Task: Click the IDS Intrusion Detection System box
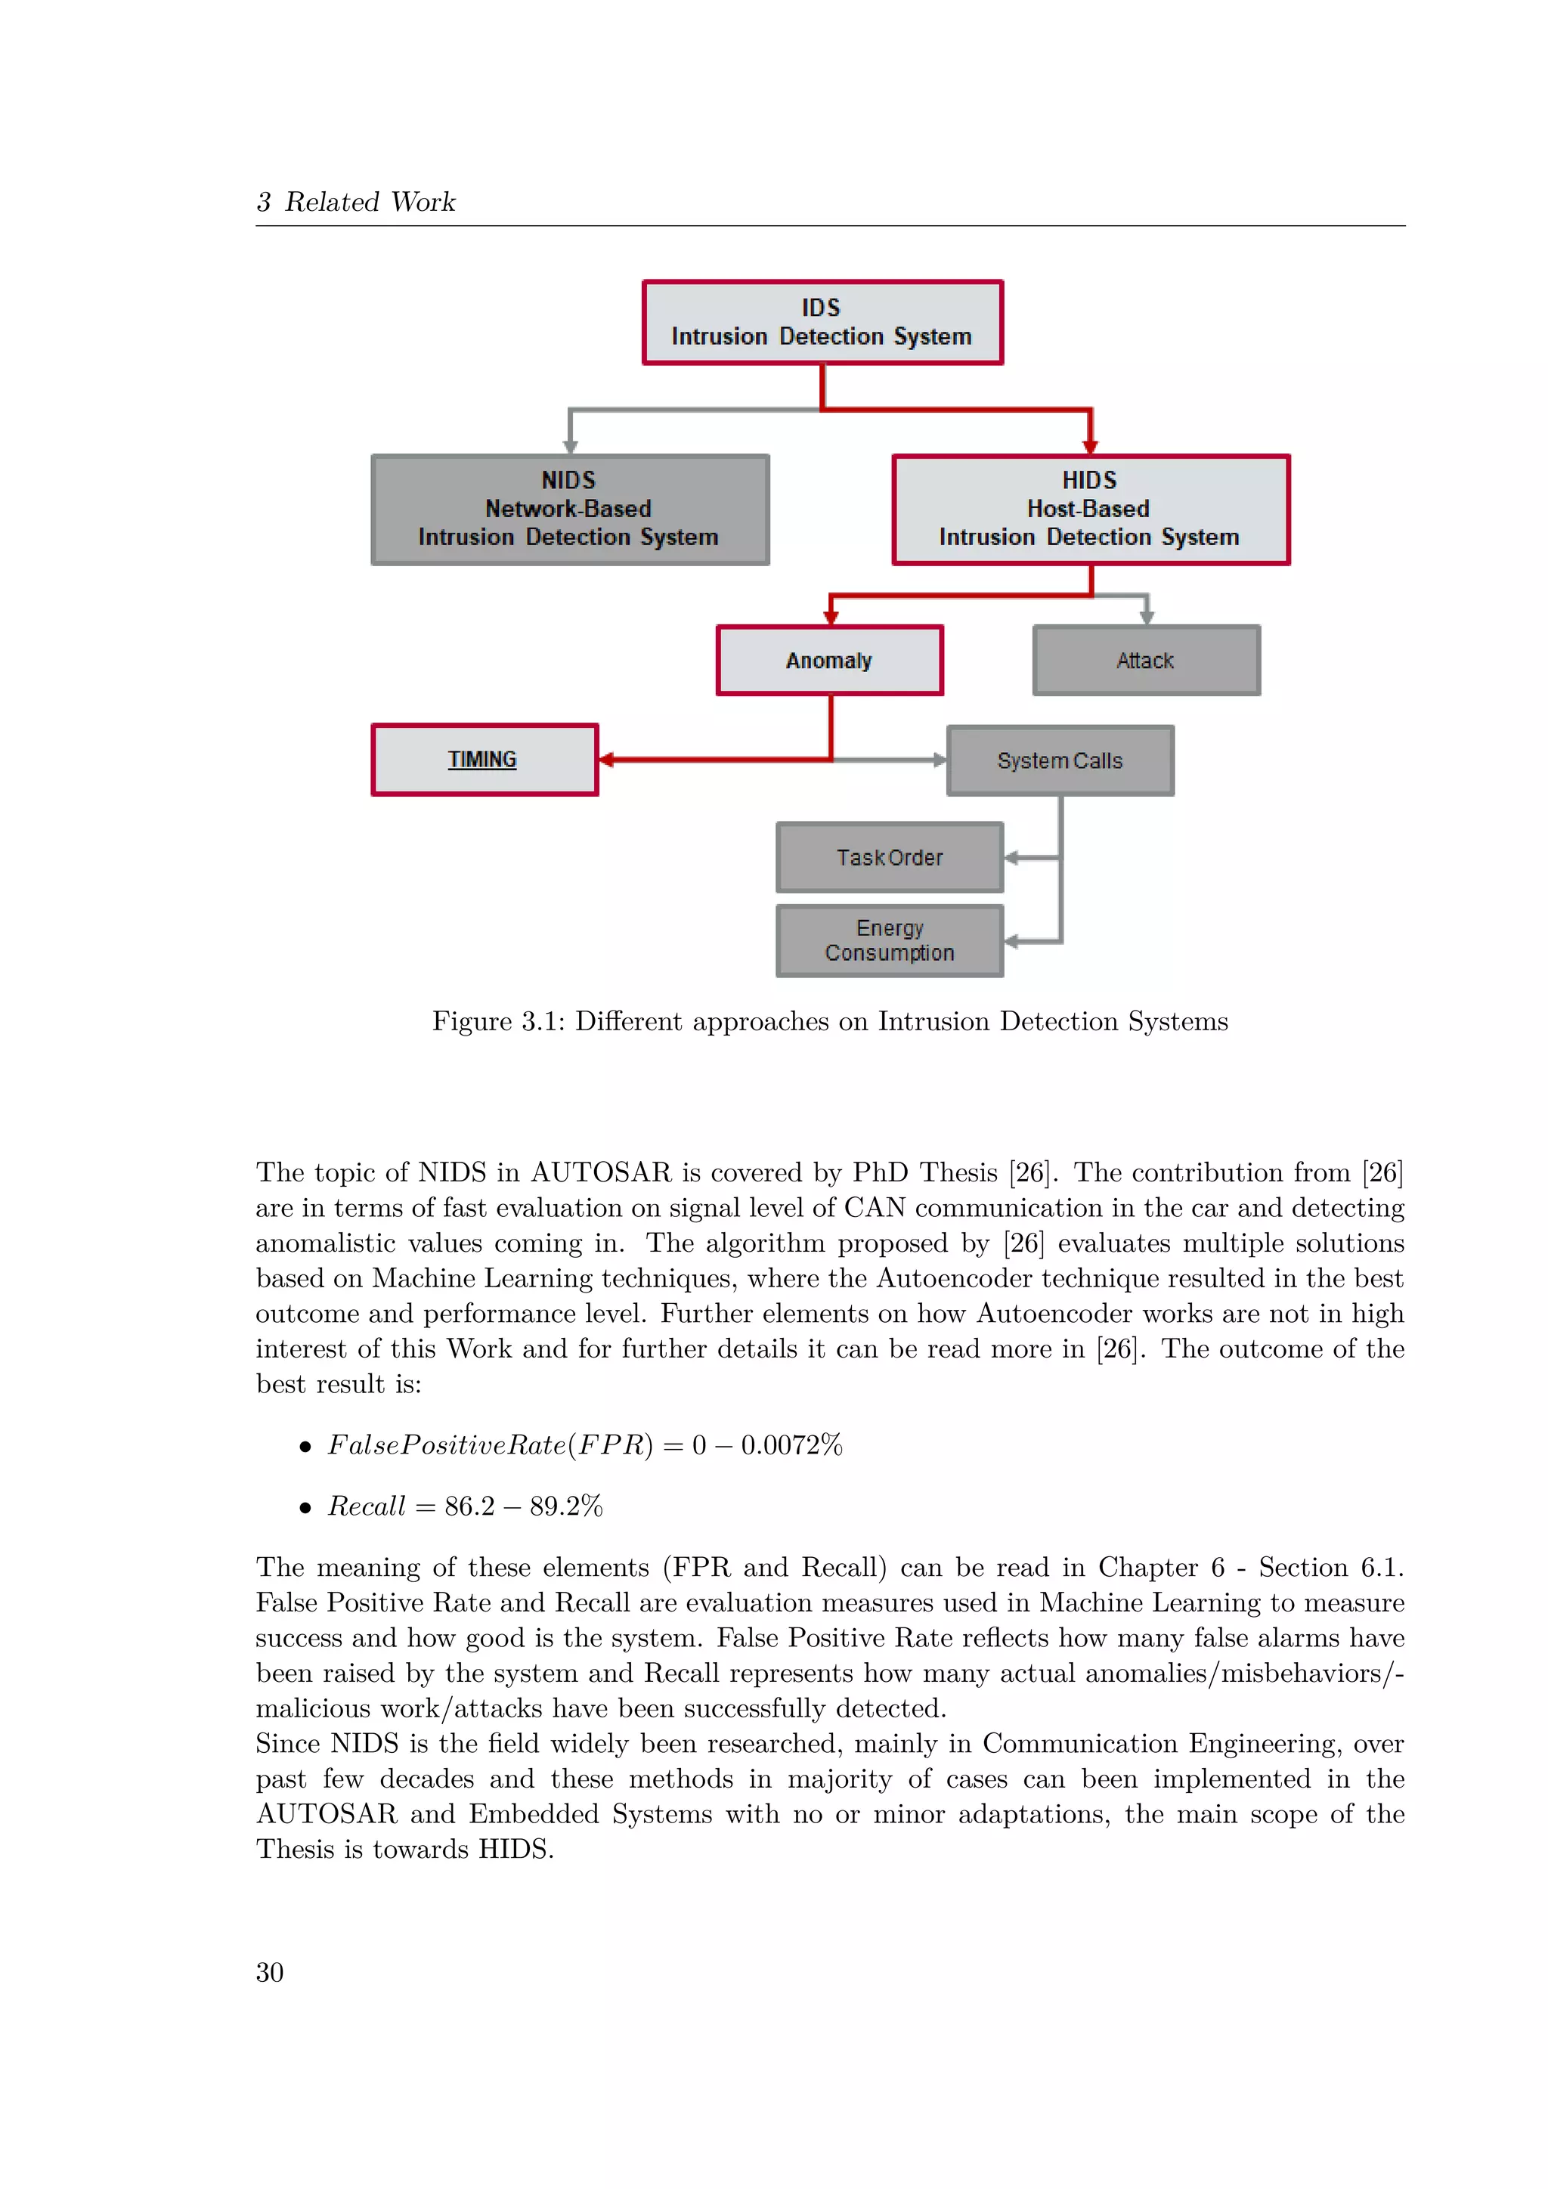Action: tap(822, 322)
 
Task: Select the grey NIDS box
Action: tap(570, 510)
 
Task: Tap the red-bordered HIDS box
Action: tap(1091, 510)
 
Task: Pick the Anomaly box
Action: tap(829, 661)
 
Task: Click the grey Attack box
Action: tap(1146, 661)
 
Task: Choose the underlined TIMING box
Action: tap(485, 760)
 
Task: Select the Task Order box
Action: tap(890, 858)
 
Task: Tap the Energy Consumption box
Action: tap(890, 941)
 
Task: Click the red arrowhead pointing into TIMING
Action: tap(606, 760)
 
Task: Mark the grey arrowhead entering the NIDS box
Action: tap(570, 446)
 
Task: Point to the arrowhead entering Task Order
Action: tap(1011, 858)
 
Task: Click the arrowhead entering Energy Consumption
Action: tap(1011, 942)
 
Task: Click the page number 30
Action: tap(270, 1971)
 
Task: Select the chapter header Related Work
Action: tap(370, 202)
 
